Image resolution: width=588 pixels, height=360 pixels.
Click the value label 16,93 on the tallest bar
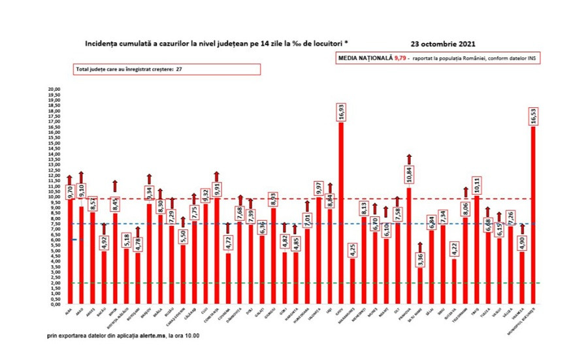click(x=340, y=113)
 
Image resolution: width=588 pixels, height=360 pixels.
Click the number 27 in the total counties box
click(x=178, y=69)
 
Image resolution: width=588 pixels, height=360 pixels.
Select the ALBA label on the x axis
click(x=68, y=312)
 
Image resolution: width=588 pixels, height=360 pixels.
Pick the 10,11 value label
click(x=478, y=185)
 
